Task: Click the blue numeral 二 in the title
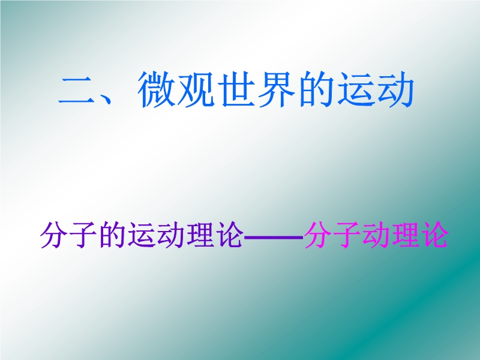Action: [x=77, y=91]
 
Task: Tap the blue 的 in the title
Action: [x=316, y=90]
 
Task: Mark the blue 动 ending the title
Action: [x=395, y=90]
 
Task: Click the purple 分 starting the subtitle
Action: [x=55, y=235]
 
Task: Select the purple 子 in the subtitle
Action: [x=83, y=235]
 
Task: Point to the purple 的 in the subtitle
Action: [x=112, y=235]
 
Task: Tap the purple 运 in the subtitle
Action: [x=142, y=235]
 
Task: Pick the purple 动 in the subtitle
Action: [x=171, y=235]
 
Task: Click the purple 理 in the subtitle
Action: [x=200, y=235]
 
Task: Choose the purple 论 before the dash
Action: [x=230, y=235]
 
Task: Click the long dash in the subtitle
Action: [x=274, y=236]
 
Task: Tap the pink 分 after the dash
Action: [x=318, y=235]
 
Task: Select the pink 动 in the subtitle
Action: [x=376, y=235]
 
